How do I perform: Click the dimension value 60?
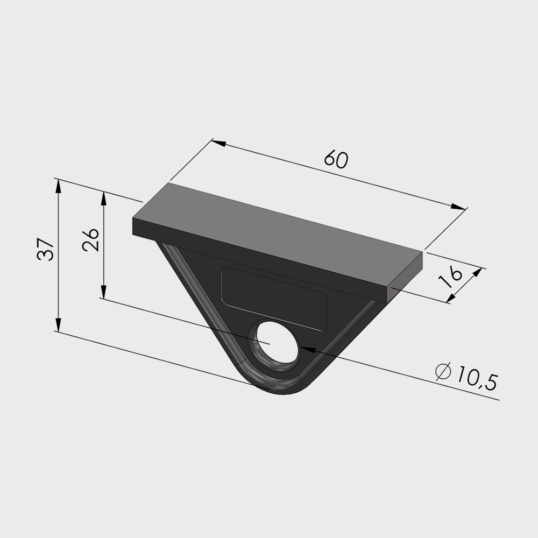click(x=336, y=159)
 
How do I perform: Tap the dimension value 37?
click(x=46, y=250)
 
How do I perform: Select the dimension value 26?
click(x=90, y=239)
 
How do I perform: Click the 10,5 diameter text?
click(x=477, y=378)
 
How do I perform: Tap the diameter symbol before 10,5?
click(x=443, y=372)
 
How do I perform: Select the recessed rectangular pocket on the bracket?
click(x=274, y=299)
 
